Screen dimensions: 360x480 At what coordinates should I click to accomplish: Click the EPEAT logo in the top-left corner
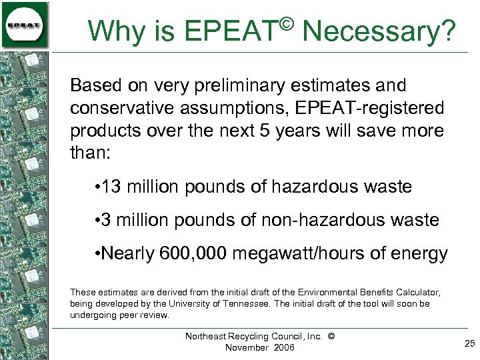pos(25,25)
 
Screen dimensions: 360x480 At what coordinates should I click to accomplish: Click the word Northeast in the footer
pos(209,337)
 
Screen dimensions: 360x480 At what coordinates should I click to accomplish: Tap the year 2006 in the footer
pos(281,348)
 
